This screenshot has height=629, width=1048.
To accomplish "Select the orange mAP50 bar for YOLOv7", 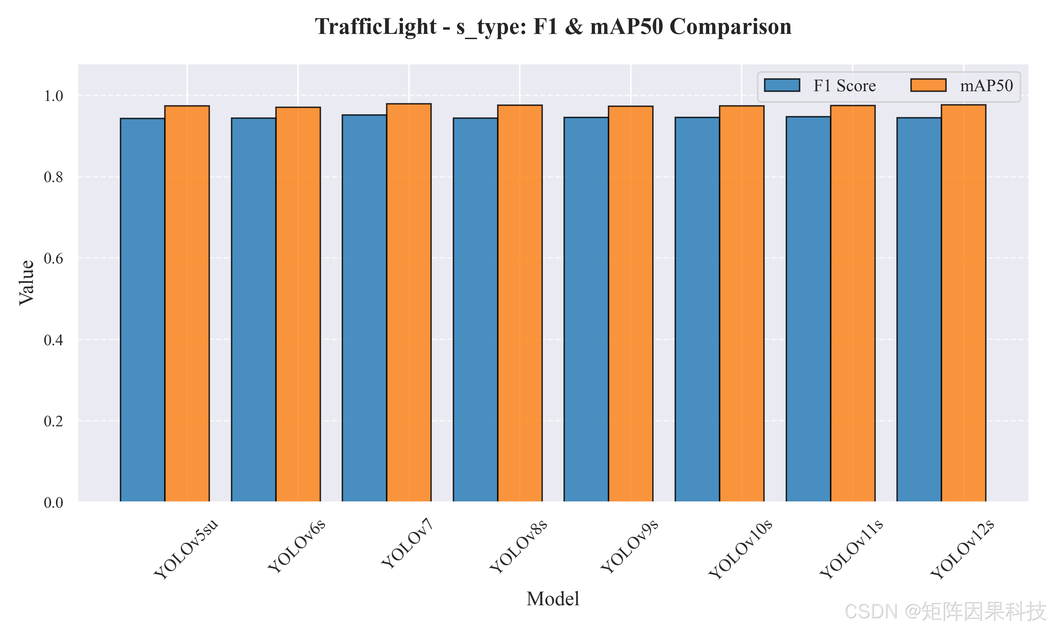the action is point(409,303).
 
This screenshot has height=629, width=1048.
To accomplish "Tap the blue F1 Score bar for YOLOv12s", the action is point(919,309).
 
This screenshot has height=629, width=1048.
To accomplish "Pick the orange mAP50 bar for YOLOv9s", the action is point(631,304).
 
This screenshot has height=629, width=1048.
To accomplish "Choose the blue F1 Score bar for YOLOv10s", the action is point(697,309).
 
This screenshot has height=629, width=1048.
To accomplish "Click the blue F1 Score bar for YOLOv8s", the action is point(475,310).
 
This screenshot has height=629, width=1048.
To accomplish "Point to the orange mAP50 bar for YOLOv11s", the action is point(853,303).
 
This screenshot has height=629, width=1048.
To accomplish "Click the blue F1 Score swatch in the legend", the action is point(782,85).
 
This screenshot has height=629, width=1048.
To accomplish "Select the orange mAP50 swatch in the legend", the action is point(928,85).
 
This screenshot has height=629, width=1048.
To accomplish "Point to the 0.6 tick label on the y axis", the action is point(53,258).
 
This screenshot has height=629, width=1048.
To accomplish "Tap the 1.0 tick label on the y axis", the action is point(53,96).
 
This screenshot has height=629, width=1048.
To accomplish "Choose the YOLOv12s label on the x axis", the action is point(962,549).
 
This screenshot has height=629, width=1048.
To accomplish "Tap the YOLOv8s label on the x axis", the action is point(518,547).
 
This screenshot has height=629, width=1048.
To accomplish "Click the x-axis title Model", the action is point(553,599).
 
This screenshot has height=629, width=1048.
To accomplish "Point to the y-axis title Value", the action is point(26,283).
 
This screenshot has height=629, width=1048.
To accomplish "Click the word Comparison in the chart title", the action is point(730,27).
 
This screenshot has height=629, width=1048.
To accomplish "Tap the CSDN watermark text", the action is point(945,611).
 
